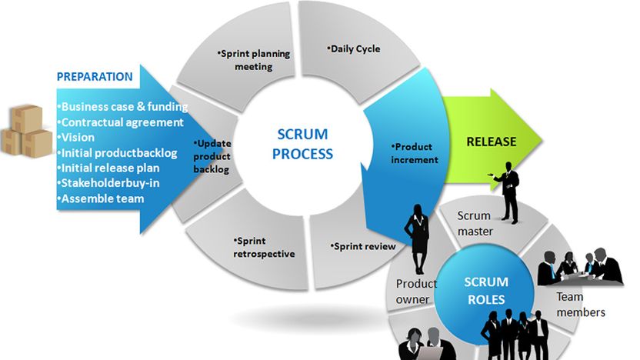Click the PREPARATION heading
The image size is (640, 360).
coord(95,77)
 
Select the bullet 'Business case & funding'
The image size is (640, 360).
coord(123,106)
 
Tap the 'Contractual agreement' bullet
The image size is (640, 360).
coord(121,122)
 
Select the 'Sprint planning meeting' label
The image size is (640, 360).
coord(246,60)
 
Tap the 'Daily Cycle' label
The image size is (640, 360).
coord(355,49)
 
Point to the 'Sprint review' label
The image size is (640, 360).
coord(363,246)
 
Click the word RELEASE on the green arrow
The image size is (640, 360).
coord(492,142)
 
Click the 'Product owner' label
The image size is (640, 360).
coord(416,291)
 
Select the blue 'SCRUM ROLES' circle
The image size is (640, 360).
coord(487,291)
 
